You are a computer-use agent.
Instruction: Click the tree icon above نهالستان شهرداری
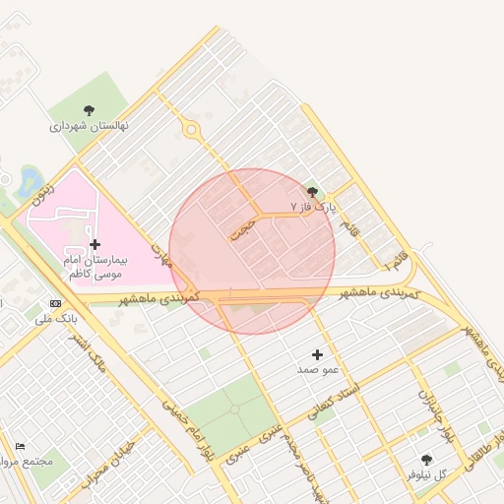[x=90, y=110]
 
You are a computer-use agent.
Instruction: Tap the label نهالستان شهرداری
[x=91, y=127]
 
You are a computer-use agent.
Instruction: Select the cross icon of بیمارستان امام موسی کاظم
[x=94, y=243]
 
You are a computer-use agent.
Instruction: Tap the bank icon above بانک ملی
[x=55, y=303]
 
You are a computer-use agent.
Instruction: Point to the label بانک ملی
[x=55, y=319]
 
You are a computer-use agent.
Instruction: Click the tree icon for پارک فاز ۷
[x=313, y=191]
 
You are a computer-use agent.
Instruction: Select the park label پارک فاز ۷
[x=313, y=208]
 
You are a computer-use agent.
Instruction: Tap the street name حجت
[x=242, y=229]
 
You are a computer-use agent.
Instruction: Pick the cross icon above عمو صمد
[x=317, y=354]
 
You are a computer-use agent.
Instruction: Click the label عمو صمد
[x=317, y=370]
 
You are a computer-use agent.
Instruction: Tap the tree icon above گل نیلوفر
[x=425, y=460]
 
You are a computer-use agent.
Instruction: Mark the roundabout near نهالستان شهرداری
[x=191, y=129]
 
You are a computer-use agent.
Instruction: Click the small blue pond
[x=31, y=180]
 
